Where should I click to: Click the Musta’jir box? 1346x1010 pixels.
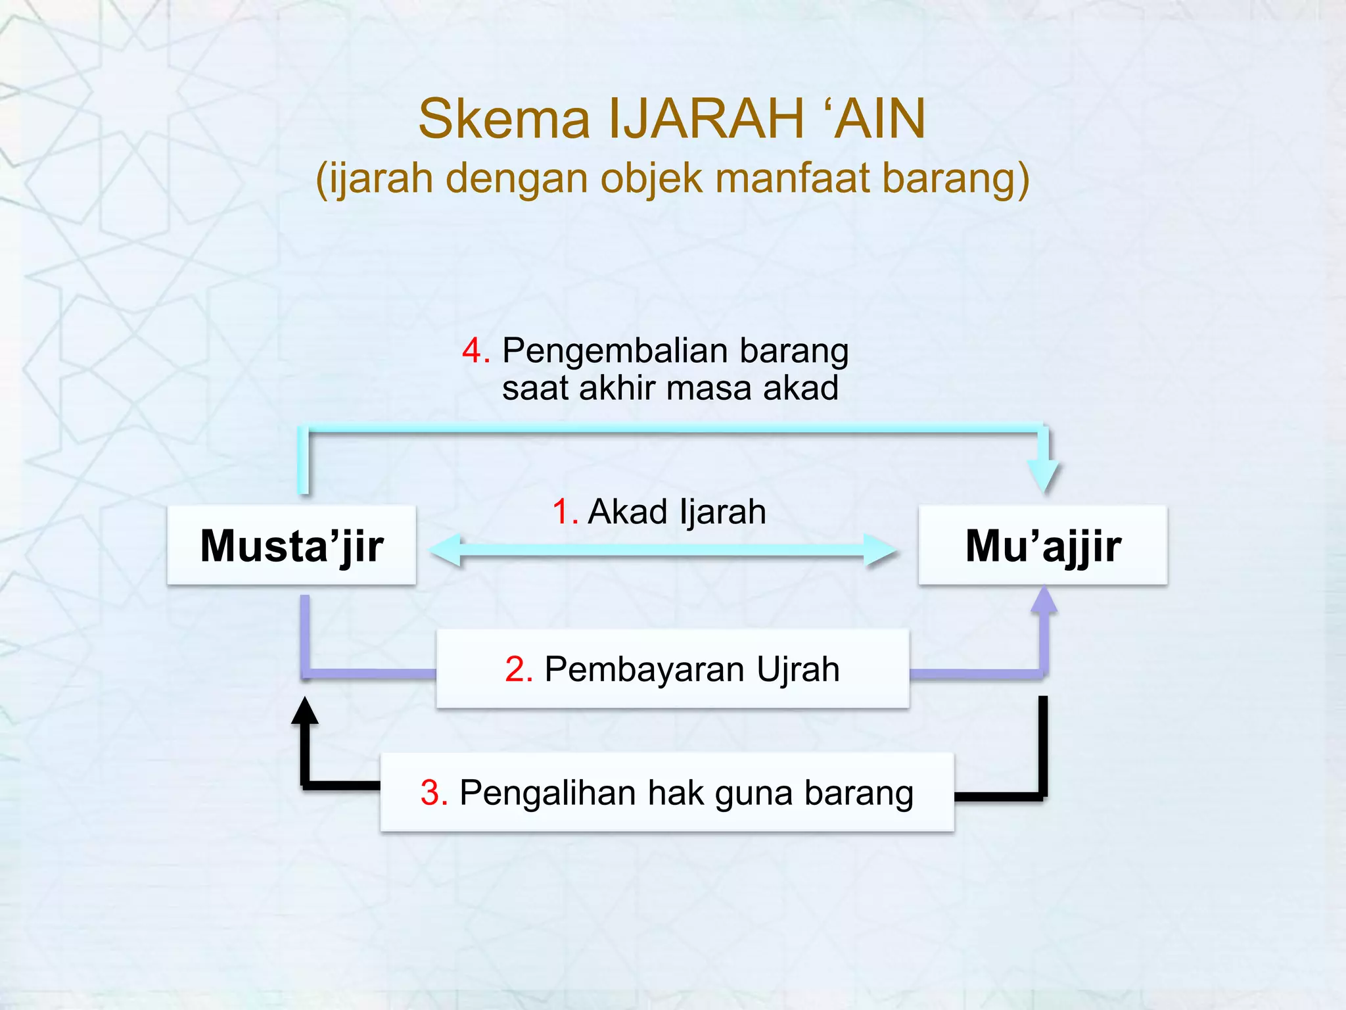[292, 545]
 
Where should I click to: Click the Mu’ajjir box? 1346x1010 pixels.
[1043, 545]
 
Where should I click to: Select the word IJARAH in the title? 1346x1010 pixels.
[707, 119]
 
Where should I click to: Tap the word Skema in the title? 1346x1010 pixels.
[504, 119]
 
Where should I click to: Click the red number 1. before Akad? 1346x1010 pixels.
[564, 512]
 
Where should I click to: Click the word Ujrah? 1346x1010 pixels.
[798, 669]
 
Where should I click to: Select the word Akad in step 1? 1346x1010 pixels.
[628, 512]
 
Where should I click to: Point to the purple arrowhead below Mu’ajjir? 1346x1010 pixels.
[1044, 600]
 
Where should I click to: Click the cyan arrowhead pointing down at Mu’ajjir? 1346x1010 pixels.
[1044, 475]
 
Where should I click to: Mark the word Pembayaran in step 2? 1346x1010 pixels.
[645, 669]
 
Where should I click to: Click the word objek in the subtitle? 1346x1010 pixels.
[651, 180]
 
